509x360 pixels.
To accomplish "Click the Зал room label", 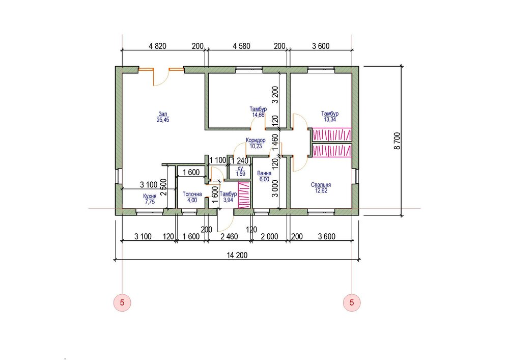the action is (163, 114).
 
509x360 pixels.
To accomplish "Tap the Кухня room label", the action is (150, 196).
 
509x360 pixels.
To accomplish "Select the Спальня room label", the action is (321, 185).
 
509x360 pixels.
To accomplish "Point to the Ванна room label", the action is (264, 173).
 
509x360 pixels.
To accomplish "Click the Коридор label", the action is (256, 140).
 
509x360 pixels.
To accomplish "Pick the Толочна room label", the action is (192, 194).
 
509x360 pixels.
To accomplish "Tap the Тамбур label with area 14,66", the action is (258, 109).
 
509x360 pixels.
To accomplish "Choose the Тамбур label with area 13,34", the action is (330, 113).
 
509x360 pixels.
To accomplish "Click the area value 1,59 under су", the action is (241, 174).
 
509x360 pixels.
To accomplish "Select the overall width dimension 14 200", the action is (237, 255).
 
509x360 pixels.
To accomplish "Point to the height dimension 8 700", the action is (398, 141).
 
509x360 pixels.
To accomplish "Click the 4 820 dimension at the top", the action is (157, 46).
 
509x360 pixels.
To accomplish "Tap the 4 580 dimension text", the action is (241, 46).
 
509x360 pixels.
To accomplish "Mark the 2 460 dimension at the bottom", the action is (229, 236).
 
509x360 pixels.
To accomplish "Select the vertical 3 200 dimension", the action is (275, 95).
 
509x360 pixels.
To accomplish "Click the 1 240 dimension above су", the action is (240, 161).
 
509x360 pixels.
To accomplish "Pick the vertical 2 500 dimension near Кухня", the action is (163, 187).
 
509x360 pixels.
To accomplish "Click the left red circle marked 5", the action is (122, 302).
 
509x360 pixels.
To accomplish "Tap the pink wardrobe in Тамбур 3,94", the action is (244, 195).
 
